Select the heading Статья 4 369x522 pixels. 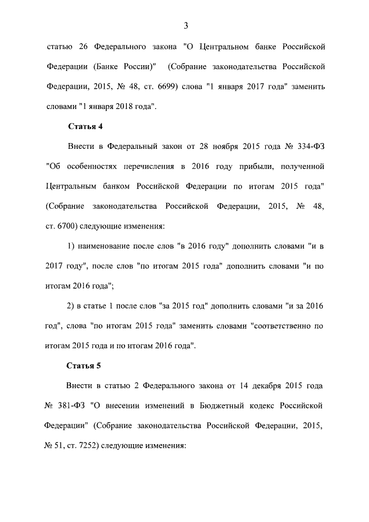85,126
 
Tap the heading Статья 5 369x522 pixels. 85,365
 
